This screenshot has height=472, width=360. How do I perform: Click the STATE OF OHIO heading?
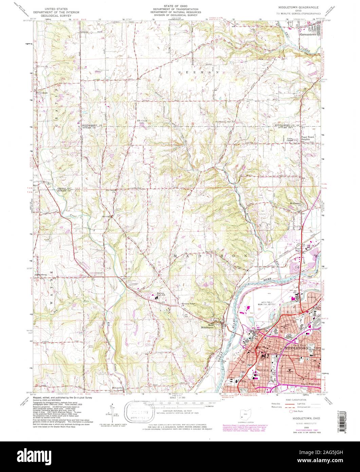pyautogui.click(x=180, y=6)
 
